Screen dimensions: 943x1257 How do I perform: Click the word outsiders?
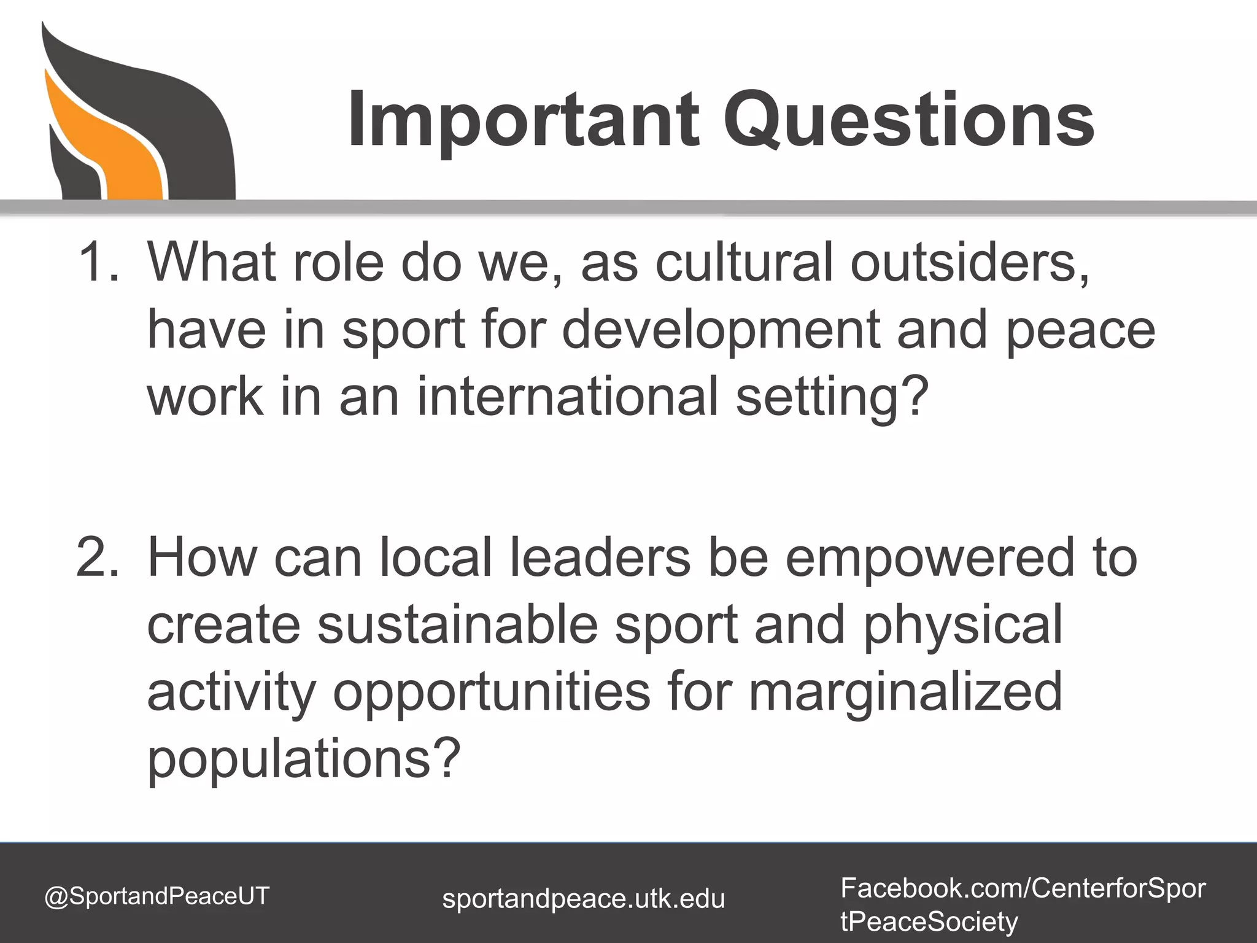pyautogui.click(x=970, y=263)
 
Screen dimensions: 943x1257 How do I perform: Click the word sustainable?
pyautogui.click(x=457, y=625)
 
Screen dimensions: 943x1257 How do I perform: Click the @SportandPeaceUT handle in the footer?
pyautogui.click(x=157, y=896)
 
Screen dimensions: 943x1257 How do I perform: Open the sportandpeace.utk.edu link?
pyautogui.click(x=584, y=899)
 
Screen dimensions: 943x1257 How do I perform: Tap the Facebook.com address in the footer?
pyautogui.click(x=1023, y=904)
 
